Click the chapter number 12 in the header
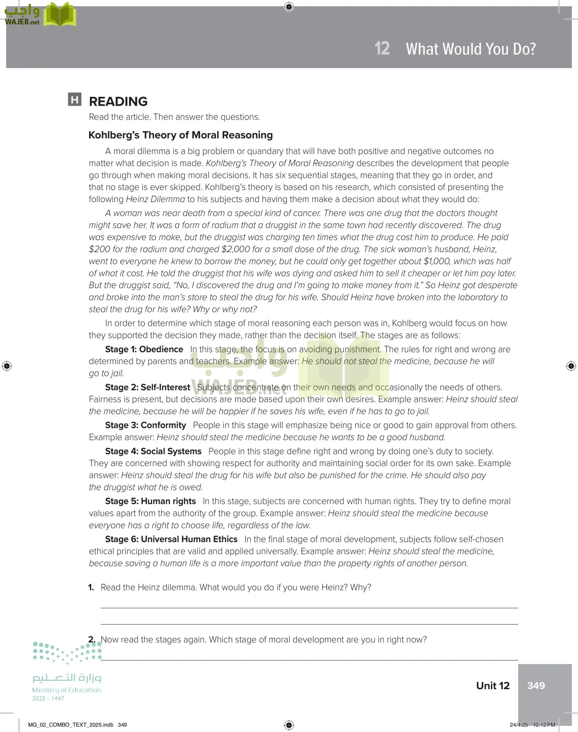coord(382,48)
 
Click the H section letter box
coord(75,100)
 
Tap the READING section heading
coord(118,101)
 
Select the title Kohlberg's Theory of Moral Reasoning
coord(181,135)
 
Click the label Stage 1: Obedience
coord(144,349)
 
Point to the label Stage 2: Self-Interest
coord(147,387)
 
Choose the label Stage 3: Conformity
coord(145,425)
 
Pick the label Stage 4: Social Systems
coord(153,451)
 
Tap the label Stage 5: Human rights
coord(150,501)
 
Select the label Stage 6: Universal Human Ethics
coord(171,539)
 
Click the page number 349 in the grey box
coord(536,686)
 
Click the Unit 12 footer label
coord(493,686)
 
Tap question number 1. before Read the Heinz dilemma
coord(91,587)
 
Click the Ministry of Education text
coord(67,690)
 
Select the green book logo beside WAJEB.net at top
coord(60,15)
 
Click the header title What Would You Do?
coord(471,49)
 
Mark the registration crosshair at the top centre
coord(289,7)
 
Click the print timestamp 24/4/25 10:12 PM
coord(532,725)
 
